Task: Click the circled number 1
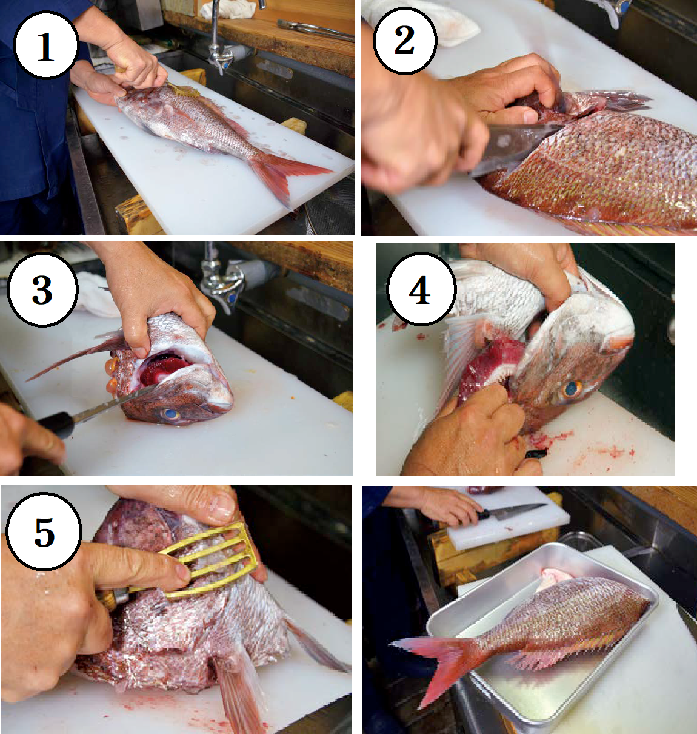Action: coord(45,45)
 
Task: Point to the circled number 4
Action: coord(421,290)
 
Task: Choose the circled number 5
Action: coord(44,531)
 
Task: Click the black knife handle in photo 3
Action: coord(56,424)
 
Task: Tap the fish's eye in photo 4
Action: coord(570,388)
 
